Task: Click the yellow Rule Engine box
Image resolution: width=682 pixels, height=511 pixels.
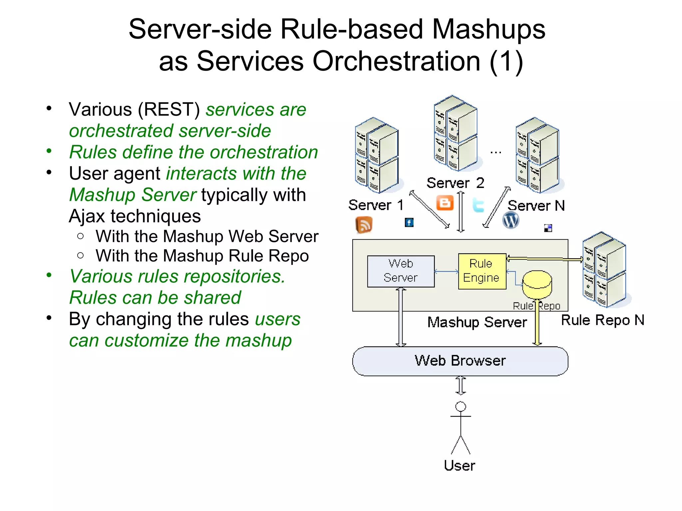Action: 482,271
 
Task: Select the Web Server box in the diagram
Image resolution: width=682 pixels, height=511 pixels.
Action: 401,271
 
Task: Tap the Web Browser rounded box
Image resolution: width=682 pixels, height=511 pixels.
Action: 460,361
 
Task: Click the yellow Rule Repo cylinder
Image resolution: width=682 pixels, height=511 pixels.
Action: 537,284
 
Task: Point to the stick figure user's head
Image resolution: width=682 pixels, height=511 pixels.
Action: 461,407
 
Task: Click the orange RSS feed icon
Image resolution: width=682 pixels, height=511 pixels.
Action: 364,225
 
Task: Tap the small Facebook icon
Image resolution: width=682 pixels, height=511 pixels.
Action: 409,222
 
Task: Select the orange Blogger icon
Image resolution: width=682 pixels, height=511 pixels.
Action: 445,203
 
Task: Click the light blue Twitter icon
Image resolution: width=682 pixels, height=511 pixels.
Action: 478,205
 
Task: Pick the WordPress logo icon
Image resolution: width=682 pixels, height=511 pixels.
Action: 511,220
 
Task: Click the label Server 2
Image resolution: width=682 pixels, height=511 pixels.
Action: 455,183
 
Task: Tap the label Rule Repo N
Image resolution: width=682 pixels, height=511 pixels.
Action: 602,320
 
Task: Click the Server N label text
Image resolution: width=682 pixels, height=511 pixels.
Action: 536,206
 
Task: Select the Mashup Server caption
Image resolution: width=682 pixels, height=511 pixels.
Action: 477,322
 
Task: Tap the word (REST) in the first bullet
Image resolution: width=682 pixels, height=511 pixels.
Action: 169,109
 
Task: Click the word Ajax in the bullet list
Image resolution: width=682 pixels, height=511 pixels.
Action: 87,216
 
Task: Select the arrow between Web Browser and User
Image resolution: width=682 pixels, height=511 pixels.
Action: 461,386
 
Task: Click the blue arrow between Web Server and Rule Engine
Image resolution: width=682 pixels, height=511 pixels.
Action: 446,272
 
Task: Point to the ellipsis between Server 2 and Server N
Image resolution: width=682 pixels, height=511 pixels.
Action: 496,152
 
